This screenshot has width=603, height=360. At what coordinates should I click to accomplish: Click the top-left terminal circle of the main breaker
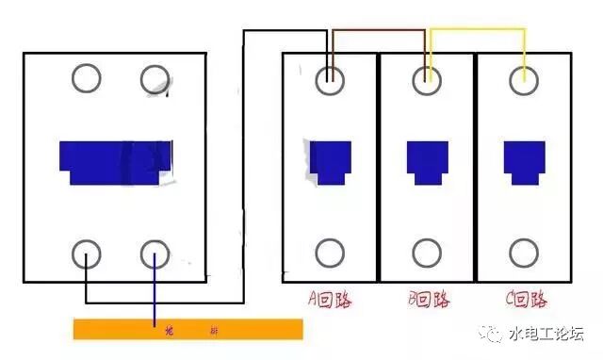(87, 79)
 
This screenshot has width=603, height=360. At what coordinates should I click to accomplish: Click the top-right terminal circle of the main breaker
(155, 79)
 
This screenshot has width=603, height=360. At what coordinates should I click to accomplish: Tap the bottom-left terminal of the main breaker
(87, 254)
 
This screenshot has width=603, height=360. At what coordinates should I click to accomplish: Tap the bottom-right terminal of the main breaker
(155, 254)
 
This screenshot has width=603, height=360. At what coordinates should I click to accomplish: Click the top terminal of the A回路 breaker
(330, 80)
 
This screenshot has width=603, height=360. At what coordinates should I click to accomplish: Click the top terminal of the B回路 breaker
(427, 80)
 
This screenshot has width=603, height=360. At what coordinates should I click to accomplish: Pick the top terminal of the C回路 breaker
(524, 80)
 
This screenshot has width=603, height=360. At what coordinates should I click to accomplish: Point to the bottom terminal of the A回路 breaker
(330, 253)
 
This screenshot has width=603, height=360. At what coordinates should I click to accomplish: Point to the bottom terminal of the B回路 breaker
(427, 253)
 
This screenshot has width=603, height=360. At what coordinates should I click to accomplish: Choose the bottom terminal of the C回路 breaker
(524, 253)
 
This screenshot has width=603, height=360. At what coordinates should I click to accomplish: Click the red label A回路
(329, 301)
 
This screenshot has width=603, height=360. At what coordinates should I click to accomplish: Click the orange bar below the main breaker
(188, 329)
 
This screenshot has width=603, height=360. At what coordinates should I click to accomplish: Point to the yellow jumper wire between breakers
(477, 31)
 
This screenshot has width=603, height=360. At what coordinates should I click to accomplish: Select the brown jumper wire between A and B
(377, 31)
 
